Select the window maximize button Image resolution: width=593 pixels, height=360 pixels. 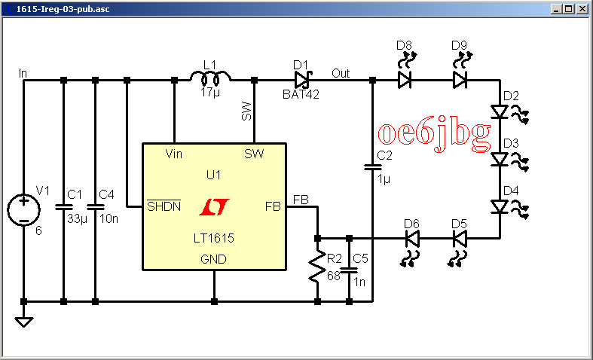pyautogui.click(x=570, y=10)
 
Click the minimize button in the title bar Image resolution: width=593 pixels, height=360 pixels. pyautogui.click(x=558, y=10)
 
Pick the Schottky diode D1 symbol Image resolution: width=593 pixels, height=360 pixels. pyautogui.click(x=303, y=79)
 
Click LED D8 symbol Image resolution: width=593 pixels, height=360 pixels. pyautogui.click(x=405, y=79)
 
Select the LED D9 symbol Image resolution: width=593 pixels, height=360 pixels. pyautogui.click(x=460, y=79)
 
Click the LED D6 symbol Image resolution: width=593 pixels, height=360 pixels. pyautogui.click(x=411, y=239)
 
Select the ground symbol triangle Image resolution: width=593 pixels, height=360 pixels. pyautogui.click(x=24, y=322)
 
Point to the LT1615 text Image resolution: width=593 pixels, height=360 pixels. pyautogui.click(x=213, y=238)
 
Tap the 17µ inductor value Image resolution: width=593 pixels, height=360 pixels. pyautogui.click(x=210, y=93)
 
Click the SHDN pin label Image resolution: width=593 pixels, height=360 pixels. pyautogui.click(x=164, y=206)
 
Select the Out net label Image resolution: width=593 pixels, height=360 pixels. pyautogui.click(x=341, y=73)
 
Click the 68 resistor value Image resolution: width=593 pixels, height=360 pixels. pyautogui.click(x=333, y=276)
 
